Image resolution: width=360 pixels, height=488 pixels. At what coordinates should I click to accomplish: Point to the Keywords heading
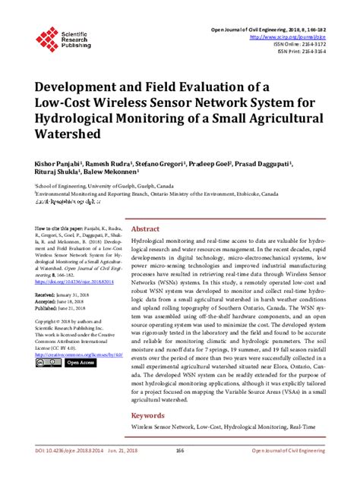point(148,416)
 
